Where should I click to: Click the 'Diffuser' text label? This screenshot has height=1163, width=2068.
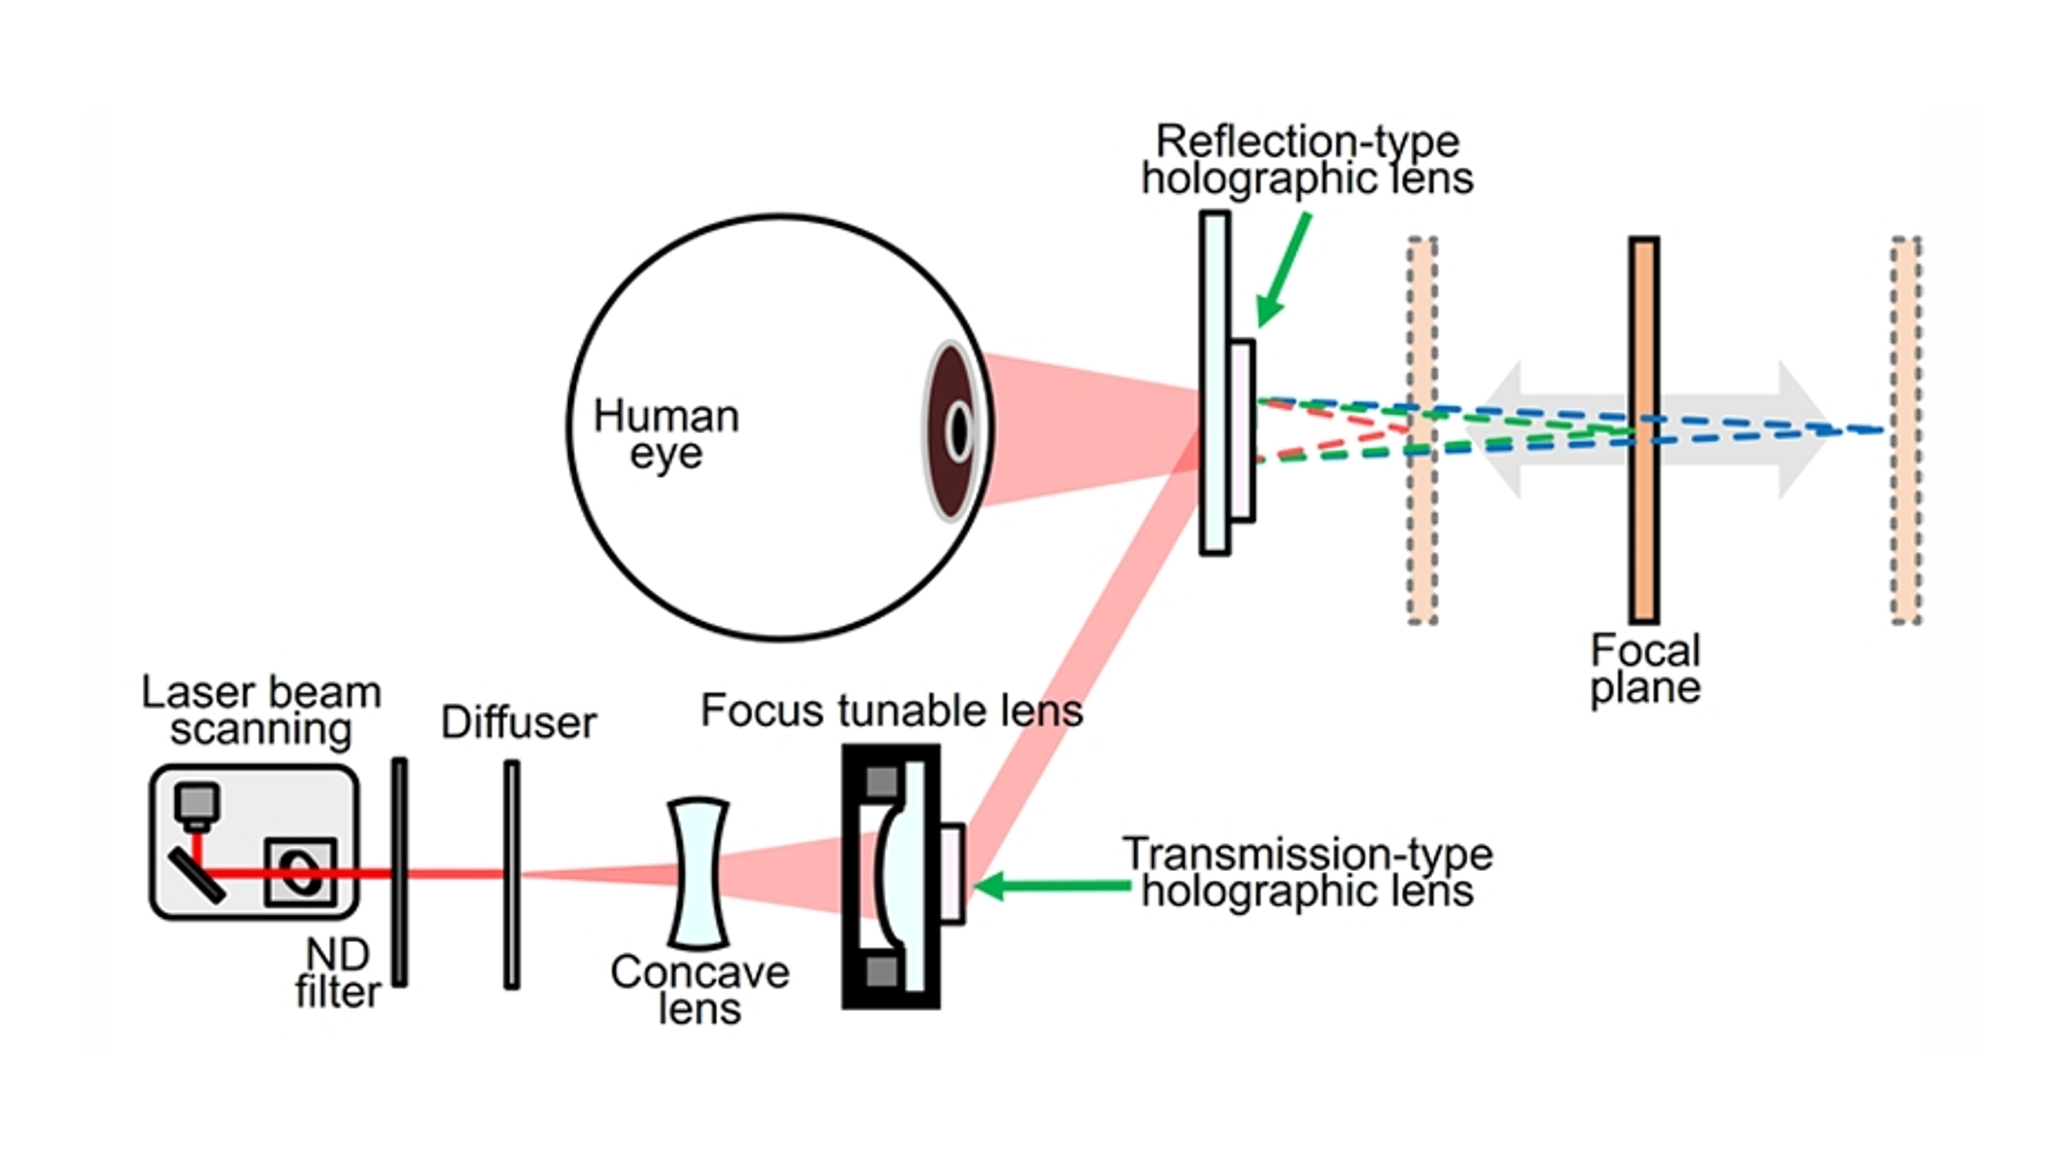click(x=518, y=722)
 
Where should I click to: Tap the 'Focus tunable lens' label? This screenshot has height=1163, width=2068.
click(x=892, y=710)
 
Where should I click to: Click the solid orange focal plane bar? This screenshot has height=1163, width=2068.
click(x=1644, y=429)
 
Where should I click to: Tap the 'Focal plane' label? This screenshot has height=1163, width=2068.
click(x=1646, y=669)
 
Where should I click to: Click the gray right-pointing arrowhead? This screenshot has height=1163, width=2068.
click(x=1802, y=429)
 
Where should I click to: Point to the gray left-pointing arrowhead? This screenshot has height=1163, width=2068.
click(x=1493, y=429)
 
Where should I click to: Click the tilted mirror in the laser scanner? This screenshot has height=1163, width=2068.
click(x=196, y=876)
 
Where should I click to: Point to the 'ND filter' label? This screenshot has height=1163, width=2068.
click(x=338, y=974)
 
